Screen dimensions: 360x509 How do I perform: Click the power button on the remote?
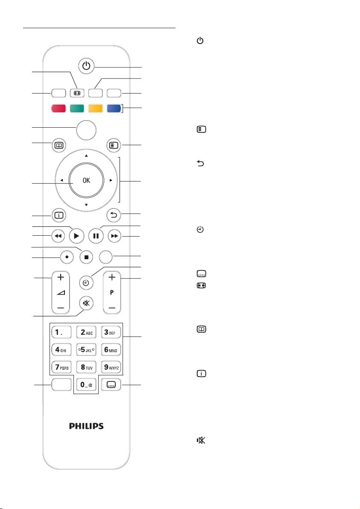(x=86, y=66)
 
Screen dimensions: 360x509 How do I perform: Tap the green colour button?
(x=77, y=108)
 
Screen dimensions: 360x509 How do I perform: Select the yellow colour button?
(x=95, y=108)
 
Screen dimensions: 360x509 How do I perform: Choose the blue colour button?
(x=114, y=108)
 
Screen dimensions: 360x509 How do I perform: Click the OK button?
(x=86, y=180)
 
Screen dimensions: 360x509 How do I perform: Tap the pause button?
(x=96, y=236)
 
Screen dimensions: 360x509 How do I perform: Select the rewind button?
(x=58, y=236)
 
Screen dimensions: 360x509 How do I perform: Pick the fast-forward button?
(x=114, y=236)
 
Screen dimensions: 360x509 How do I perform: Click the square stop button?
(x=86, y=257)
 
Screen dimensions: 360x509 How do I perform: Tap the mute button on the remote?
(x=86, y=303)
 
